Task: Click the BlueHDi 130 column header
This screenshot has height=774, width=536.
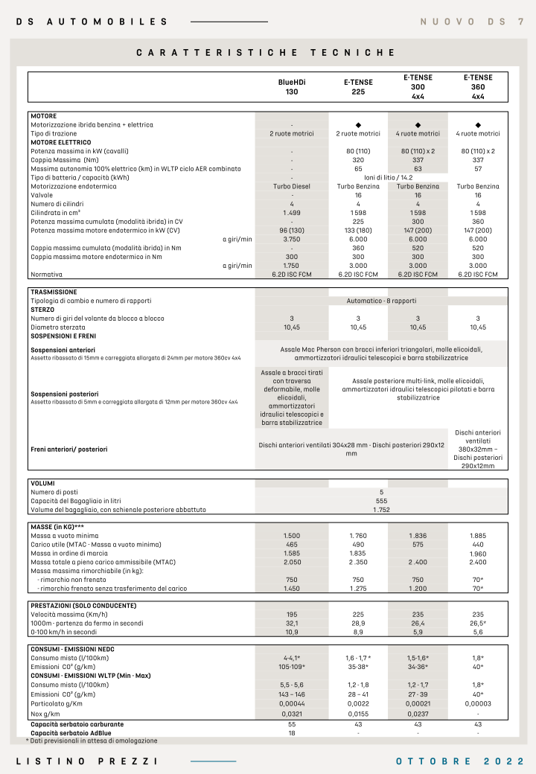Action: coord(292,86)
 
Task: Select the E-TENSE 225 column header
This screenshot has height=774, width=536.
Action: coord(358,86)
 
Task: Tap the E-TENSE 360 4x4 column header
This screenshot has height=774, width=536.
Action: coord(478,86)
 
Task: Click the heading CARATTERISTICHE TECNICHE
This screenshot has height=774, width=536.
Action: coord(266,53)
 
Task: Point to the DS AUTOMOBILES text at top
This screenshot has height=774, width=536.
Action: coord(92,22)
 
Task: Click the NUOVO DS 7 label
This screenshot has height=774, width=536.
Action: coord(471,22)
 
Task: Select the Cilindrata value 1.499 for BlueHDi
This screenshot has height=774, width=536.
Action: coord(292,212)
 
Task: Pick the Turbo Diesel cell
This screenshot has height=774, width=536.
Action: coord(292,186)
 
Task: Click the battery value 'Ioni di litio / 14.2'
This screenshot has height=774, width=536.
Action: coord(388,178)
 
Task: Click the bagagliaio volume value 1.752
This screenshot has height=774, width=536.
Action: coord(381,510)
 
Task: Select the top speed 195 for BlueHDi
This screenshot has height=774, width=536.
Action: coord(292,615)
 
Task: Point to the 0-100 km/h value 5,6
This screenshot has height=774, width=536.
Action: coord(478,632)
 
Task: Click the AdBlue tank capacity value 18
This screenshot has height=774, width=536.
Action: coord(292,733)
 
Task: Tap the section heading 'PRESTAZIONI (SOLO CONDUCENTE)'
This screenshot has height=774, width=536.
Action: coord(83,606)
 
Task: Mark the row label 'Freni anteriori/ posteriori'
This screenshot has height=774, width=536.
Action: coord(69,450)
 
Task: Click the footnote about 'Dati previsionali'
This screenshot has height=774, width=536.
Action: coord(92,741)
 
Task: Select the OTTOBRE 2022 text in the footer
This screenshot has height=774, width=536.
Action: coord(460,761)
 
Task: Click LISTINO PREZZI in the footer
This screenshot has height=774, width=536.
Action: coord(87,761)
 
